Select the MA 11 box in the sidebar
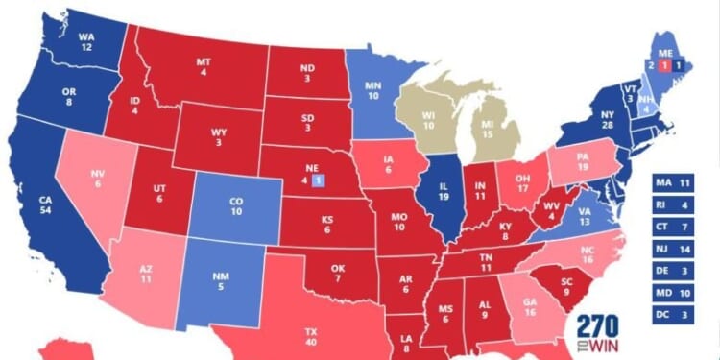(678, 181)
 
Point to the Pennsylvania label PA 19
(582, 158)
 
